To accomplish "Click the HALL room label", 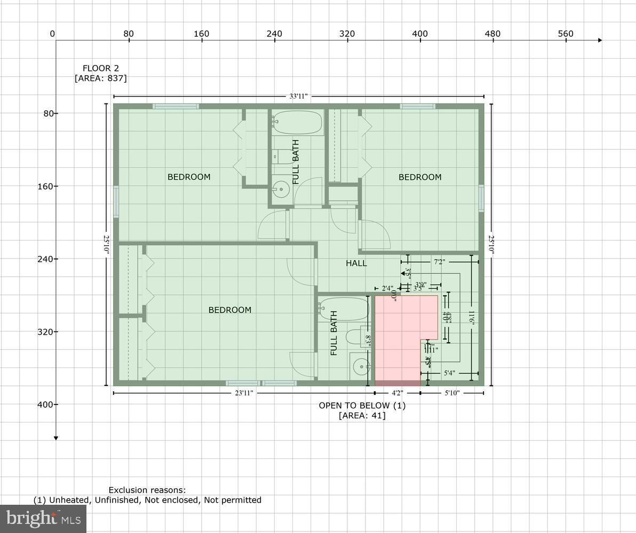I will (x=356, y=263).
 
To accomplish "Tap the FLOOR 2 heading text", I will (x=100, y=68).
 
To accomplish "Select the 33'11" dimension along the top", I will (x=298, y=96).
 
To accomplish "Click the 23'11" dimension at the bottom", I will (x=243, y=393).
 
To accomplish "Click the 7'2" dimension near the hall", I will (x=439, y=262).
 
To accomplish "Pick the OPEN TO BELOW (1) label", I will (x=362, y=406).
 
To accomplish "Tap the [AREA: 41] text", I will (x=362, y=416).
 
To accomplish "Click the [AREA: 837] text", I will (x=100, y=78).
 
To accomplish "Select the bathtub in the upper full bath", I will (x=297, y=123).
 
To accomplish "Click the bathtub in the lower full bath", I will (x=344, y=309).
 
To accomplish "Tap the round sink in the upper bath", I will (x=281, y=189).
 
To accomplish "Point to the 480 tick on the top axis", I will (x=492, y=34).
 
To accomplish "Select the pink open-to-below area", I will (x=397, y=341).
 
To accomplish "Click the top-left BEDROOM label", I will (x=189, y=177).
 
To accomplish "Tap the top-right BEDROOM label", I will (x=420, y=177).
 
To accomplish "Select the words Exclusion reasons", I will (x=147, y=490).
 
